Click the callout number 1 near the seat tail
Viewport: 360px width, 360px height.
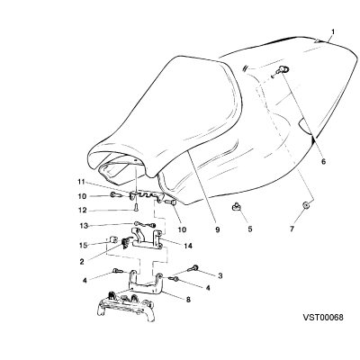[332, 31]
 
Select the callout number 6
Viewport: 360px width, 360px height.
[323, 161]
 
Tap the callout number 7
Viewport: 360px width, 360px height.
[292, 229]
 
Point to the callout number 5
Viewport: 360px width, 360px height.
[250, 229]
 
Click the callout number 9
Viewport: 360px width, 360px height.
[218, 229]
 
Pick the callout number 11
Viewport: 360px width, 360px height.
[82, 182]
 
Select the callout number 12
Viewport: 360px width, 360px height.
[83, 211]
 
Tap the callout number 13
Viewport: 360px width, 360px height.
[84, 226]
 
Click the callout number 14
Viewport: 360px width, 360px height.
[188, 246]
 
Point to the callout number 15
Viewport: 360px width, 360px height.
[83, 245]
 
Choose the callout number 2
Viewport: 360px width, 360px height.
[82, 262]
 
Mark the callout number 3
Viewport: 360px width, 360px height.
[220, 275]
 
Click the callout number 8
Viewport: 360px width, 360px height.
[188, 299]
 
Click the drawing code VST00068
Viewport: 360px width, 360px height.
[323, 317]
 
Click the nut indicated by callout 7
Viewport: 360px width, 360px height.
[306, 206]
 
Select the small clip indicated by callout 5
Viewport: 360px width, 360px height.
[236, 207]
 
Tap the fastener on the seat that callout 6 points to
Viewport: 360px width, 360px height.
[283, 69]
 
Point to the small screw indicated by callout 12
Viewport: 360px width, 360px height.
[136, 208]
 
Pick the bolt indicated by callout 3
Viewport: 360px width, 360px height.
[193, 267]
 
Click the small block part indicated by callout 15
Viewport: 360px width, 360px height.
[113, 240]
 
